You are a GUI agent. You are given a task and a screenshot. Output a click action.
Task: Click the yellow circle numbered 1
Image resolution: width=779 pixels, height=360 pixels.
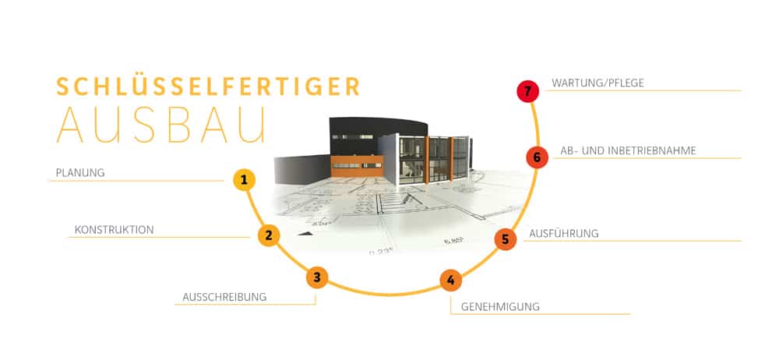pyautogui.click(x=244, y=180)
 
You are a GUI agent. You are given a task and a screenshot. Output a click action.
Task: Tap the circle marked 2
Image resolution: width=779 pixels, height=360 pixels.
pyautogui.click(x=269, y=235)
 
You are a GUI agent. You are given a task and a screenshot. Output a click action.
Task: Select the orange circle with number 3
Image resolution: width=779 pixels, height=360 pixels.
pyautogui.click(x=318, y=277)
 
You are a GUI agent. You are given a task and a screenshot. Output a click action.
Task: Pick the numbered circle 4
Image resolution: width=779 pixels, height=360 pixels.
pyautogui.click(x=450, y=280)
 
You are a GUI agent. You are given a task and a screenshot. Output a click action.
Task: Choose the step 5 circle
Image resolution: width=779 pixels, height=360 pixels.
pyautogui.click(x=506, y=239)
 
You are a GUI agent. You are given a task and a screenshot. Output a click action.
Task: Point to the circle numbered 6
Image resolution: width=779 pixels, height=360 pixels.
pyautogui.click(x=537, y=157)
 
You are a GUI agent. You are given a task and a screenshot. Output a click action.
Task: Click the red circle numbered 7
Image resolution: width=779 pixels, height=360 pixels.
pyautogui.click(x=527, y=91)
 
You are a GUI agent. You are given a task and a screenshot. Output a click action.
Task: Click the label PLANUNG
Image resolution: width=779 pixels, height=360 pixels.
pyautogui.click(x=80, y=173)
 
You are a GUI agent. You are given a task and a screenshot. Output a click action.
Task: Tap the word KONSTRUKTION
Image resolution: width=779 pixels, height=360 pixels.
pyautogui.click(x=115, y=230)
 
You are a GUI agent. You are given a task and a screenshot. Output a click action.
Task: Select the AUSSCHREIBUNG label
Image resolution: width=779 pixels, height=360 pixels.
pyautogui.click(x=224, y=297)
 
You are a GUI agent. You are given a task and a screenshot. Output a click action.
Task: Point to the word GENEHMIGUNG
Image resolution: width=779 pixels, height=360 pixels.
pyautogui.click(x=500, y=307)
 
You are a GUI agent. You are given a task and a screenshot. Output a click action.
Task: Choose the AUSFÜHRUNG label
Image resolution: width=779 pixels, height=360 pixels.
pyautogui.click(x=564, y=233)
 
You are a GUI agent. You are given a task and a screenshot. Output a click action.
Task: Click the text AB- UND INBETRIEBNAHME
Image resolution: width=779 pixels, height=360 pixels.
pyautogui.click(x=628, y=150)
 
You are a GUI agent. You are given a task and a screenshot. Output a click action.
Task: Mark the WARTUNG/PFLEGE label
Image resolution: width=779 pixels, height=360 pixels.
pyautogui.click(x=597, y=83)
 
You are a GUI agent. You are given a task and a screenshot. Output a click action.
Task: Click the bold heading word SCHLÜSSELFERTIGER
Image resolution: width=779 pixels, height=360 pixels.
pyautogui.click(x=208, y=86)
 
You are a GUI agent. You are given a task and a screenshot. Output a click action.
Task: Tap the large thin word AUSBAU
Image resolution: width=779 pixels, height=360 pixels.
pyautogui.click(x=161, y=125)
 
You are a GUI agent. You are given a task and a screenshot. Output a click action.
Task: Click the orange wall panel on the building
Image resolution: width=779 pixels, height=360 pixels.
pyautogui.click(x=357, y=166)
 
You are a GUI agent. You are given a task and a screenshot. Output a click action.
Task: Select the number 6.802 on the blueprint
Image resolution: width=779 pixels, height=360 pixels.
pyautogui.click(x=453, y=241)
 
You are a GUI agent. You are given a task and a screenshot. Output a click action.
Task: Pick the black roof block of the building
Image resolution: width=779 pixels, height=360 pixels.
pyautogui.click(x=378, y=136)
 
